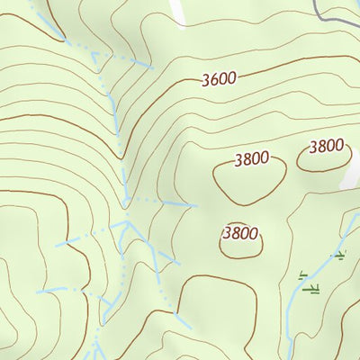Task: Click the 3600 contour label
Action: tap(219, 78)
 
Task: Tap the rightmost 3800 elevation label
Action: tap(327, 146)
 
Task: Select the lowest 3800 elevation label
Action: tap(240, 233)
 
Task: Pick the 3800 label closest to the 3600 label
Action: tap(251, 159)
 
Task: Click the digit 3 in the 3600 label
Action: tap(206, 79)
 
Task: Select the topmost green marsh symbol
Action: tap(339, 256)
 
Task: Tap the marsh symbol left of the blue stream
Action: tap(301, 274)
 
